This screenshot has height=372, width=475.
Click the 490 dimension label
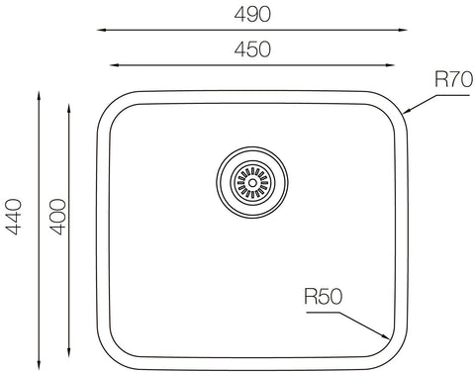[252, 14]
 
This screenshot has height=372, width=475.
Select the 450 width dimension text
[252, 49]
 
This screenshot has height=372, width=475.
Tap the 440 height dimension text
[14, 217]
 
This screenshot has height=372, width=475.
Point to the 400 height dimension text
[57, 217]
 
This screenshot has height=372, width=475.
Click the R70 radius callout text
[454, 79]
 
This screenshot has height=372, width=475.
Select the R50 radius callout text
[324, 296]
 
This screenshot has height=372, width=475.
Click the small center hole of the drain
[252, 182]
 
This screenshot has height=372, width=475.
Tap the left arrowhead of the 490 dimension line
[101, 30]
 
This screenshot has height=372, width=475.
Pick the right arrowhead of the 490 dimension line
[403, 30]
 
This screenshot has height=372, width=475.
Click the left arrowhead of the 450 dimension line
[114, 65]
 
